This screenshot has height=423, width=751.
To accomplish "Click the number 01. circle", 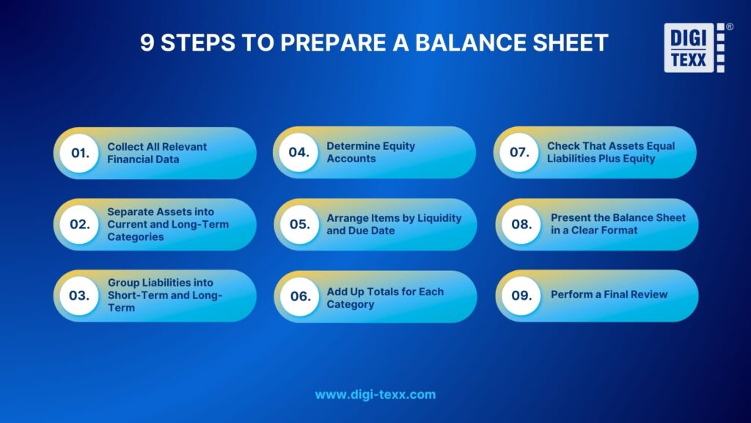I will click(78, 153).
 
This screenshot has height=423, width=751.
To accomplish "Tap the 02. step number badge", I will click(78, 225).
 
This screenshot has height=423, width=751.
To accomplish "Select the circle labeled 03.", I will click(78, 296).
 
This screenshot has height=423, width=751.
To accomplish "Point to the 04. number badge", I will click(298, 153).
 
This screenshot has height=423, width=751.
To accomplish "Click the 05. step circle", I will click(299, 225).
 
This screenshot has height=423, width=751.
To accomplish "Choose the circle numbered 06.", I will click(300, 296).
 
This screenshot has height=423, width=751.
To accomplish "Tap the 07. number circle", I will click(519, 153).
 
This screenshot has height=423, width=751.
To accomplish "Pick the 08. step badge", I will click(521, 225).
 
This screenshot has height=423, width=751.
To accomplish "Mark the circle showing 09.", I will click(521, 295).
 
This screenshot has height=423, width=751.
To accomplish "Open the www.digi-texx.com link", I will click(375, 394).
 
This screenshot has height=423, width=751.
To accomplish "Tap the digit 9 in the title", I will click(147, 43).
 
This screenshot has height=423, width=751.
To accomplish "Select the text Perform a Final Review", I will click(609, 294).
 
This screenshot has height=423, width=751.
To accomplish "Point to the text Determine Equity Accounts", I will click(370, 152).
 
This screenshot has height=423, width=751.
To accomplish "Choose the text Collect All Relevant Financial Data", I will click(157, 152).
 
